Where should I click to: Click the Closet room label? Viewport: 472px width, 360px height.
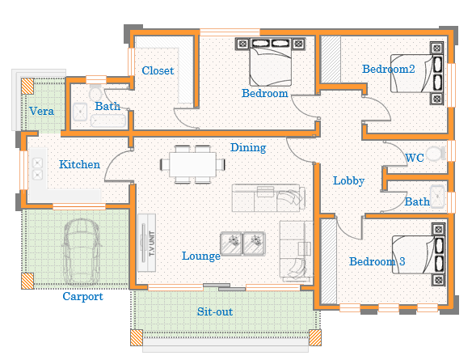click(x=158, y=71)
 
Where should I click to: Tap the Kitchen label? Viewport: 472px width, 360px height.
click(x=79, y=164)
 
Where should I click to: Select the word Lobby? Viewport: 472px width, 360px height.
click(x=348, y=180)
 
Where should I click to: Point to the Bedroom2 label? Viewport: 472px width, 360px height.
click(x=388, y=69)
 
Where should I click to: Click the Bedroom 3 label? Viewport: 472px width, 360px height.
click(x=377, y=261)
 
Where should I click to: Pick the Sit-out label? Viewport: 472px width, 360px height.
click(x=215, y=311)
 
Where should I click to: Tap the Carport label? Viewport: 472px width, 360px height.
click(x=82, y=296)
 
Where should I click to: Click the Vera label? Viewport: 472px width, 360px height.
click(x=41, y=111)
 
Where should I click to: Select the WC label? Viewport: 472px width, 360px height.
click(x=415, y=158)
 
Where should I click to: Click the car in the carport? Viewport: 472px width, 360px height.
click(x=81, y=252)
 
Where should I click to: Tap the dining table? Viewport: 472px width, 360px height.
click(x=192, y=164)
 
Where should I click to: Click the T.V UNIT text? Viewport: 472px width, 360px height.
click(x=151, y=244)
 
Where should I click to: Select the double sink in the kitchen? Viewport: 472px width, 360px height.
click(x=37, y=169)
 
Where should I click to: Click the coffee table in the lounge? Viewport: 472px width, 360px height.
click(x=242, y=244)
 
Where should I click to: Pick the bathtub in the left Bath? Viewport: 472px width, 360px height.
click(x=108, y=121)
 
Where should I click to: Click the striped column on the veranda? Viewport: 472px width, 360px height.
click(x=27, y=87)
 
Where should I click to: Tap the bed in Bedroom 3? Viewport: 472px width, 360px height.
click(x=419, y=255)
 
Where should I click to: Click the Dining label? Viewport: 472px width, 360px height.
click(x=248, y=147)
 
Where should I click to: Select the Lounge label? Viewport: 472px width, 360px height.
click(x=201, y=256)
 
